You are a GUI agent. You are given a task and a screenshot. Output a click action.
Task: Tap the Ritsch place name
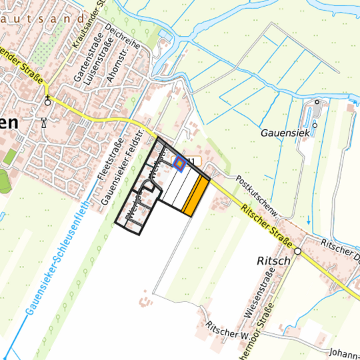point(273,260)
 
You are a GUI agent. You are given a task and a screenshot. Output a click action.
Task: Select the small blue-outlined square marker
point(179,162)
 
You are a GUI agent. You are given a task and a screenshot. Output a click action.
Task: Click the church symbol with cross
point(48,101)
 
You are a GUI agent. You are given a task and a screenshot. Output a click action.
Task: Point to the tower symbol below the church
point(44,122)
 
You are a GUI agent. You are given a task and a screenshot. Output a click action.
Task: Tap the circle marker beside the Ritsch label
point(298,251)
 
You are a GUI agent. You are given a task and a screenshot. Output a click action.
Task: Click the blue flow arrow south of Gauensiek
point(309,219)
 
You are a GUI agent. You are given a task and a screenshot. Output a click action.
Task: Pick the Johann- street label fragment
point(344,352)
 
